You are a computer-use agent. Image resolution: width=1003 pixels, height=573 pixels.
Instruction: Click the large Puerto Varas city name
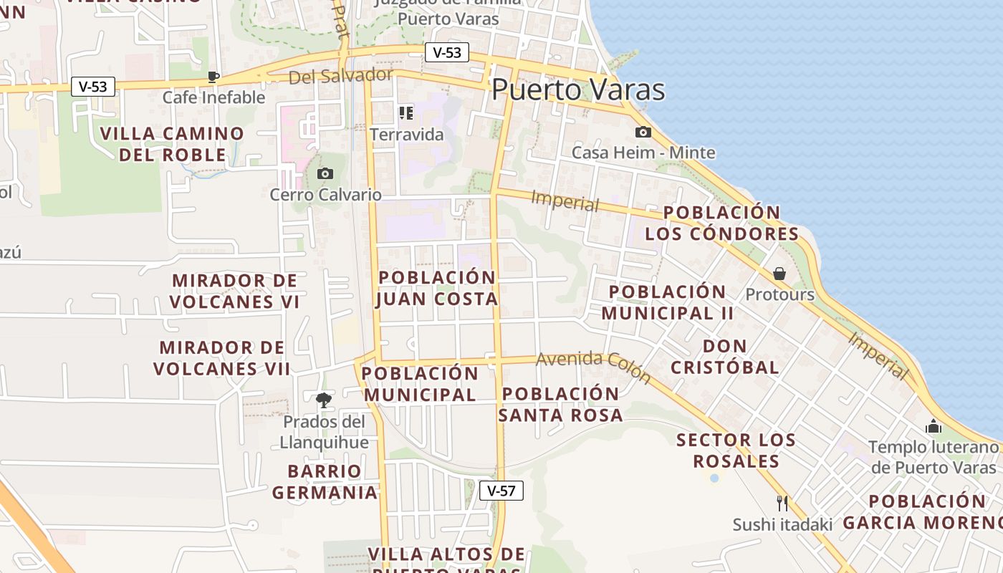(x=577, y=90)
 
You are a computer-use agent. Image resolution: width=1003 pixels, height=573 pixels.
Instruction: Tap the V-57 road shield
(x=501, y=491)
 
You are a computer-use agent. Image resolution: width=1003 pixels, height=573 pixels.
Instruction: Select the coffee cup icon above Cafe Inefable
(x=213, y=77)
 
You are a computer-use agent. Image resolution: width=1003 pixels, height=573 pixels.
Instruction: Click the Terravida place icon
(x=406, y=113)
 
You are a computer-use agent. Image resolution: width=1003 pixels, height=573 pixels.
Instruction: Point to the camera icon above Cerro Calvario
(x=325, y=173)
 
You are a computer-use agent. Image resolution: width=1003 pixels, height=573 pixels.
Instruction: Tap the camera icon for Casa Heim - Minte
(x=643, y=132)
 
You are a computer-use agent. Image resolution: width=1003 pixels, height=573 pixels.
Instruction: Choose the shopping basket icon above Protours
(x=779, y=274)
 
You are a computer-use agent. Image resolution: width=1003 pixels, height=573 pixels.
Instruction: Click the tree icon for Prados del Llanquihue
(x=324, y=400)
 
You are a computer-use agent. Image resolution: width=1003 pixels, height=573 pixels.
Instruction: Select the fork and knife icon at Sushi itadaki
(x=782, y=503)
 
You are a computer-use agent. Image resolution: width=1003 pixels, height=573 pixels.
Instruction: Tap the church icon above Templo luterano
(x=933, y=427)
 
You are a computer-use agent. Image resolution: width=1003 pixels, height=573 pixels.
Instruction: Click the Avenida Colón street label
(x=593, y=367)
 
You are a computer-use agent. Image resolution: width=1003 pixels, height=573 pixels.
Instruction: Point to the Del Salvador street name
(x=340, y=76)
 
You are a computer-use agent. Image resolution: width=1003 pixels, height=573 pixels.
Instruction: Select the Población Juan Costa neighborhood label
(x=437, y=288)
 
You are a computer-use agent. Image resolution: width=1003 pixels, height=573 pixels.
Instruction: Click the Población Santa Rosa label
(x=560, y=404)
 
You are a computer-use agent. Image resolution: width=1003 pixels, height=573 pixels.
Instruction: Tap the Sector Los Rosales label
(x=736, y=450)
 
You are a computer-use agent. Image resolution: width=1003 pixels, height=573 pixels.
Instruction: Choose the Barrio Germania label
(x=325, y=481)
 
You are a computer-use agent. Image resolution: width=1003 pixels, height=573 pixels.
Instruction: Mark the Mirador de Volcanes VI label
(x=235, y=291)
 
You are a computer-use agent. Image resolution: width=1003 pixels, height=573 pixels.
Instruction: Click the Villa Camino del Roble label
(x=172, y=144)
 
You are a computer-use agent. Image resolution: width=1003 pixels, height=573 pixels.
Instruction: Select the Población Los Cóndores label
(x=721, y=223)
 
